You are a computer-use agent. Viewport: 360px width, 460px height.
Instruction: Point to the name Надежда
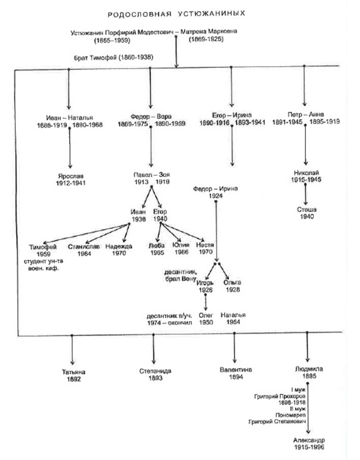click(x=117, y=245)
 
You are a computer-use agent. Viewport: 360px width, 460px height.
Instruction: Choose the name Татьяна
click(x=73, y=371)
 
